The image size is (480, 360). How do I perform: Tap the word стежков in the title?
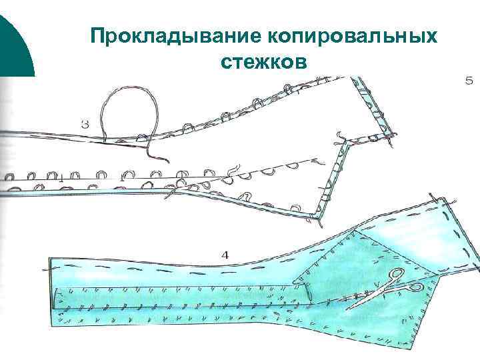point(263,62)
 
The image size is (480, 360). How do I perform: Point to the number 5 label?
point(468,81)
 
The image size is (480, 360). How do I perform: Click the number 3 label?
point(85,123)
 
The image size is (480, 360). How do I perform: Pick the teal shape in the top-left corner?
point(13,40)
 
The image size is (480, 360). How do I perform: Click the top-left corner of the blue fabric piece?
point(48,257)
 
